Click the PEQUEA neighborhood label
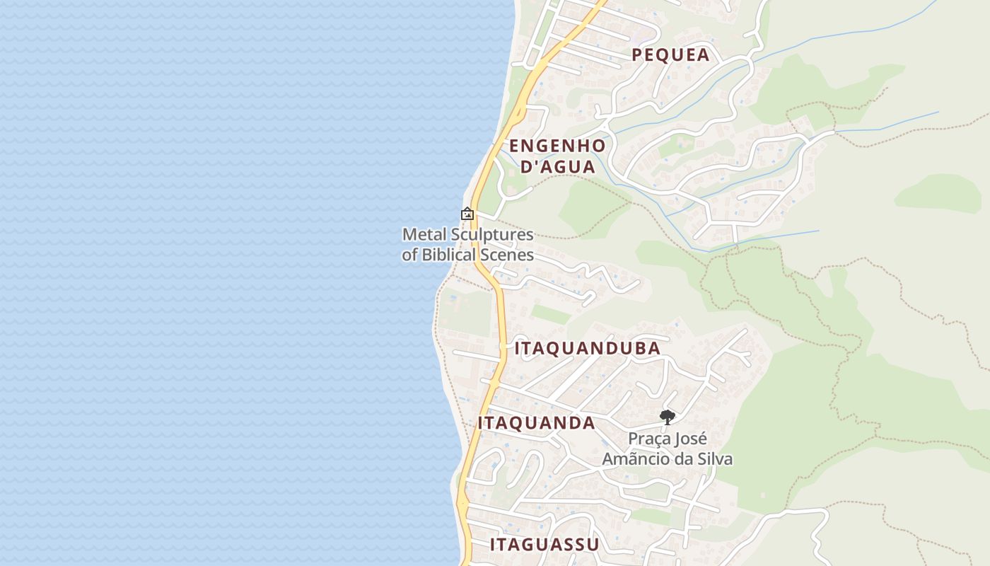point(670,55)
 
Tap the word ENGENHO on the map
point(557,146)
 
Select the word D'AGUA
point(557,168)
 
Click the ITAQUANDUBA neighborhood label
point(588,349)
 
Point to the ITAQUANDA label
point(537,423)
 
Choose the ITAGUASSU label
point(544,545)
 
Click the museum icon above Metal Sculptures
point(467,214)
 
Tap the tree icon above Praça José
point(667,417)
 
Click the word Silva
point(715,459)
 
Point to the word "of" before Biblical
point(410,255)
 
